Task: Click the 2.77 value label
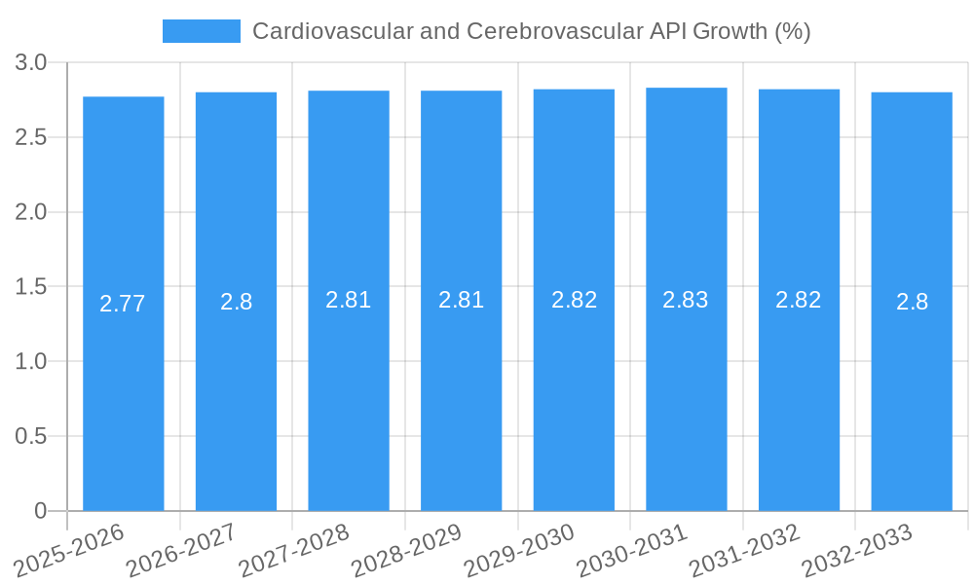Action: pyautogui.click(x=123, y=304)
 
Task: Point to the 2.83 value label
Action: pyautogui.click(x=686, y=300)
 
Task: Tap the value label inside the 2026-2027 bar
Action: pyautogui.click(x=236, y=302)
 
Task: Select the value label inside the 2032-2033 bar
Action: pyautogui.click(x=912, y=302)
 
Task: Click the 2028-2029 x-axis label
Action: pyautogui.click(x=406, y=550)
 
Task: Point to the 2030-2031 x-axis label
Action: pyautogui.click(x=632, y=550)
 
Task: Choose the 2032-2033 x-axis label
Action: pyautogui.click(x=857, y=550)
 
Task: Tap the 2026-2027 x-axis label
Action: pyautogui.click(x=181, y=550)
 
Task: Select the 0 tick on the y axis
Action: pyautogui.click(x=41, y=511)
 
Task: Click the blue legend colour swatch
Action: pyautogui.click(x=201, y=31)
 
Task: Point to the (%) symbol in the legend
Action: pyautogui.click(x=792, y=31)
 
